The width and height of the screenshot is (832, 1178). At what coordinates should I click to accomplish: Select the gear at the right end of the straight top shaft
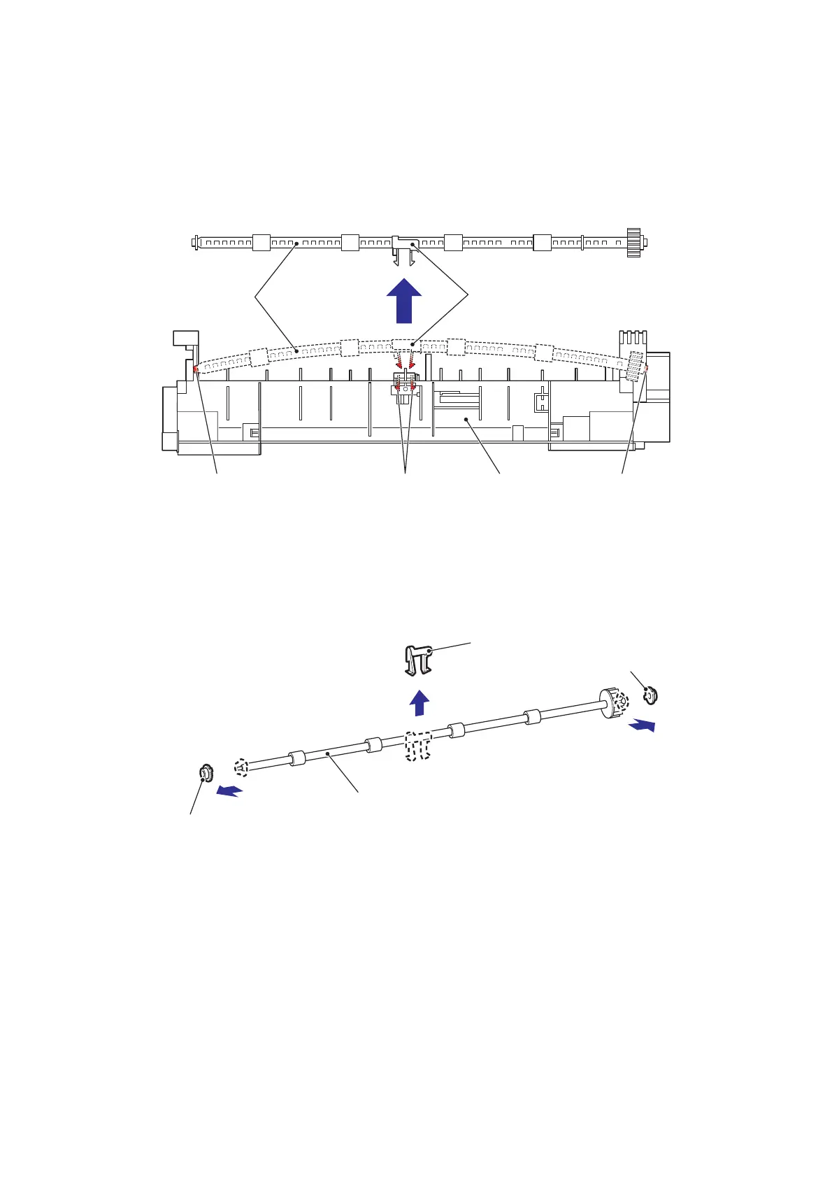click(x=634, y=243)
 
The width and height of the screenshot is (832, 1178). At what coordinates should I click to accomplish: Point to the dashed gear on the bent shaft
click(x=635, y=366)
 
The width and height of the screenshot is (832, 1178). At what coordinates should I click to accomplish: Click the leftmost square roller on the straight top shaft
click(x=261, y=243)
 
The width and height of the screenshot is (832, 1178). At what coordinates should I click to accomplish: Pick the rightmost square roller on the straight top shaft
click(x=542, y=243)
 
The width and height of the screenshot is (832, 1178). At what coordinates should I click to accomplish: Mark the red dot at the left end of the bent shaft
click(x=196, y=369)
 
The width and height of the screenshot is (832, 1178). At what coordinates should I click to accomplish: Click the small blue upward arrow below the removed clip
click(x=419, y=703)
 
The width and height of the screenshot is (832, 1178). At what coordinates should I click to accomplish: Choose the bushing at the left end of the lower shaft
click(x=206, y=774)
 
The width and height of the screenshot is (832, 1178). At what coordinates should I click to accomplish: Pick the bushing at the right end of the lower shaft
click(x=650, y=696)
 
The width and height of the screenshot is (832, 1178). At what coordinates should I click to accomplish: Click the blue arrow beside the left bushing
click(x=229, y=791)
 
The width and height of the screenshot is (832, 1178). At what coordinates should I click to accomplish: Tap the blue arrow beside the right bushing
click(x=642, y=725)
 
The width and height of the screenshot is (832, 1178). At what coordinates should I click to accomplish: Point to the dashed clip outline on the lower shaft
click(x=418, y=746)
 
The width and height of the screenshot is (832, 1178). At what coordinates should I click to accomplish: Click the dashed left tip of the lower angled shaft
click(x=241, y=767)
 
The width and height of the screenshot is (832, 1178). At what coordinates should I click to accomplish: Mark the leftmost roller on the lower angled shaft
click(x=297, y=758)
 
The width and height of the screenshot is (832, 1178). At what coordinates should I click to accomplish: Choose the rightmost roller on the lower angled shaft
click(x=533, y=717)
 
